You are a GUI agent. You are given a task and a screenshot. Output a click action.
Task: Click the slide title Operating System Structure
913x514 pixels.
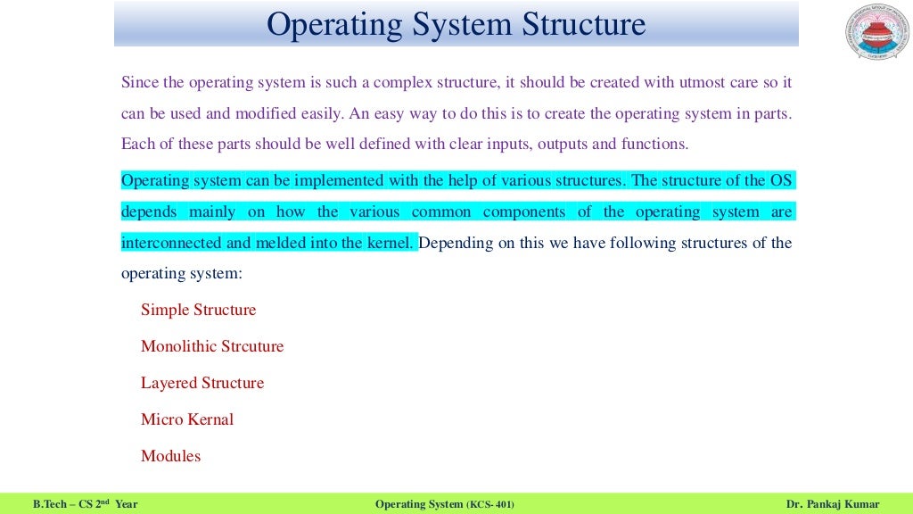[x=456, y=24]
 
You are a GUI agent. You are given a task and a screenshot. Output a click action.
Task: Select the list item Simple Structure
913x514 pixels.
[x=198, y=311]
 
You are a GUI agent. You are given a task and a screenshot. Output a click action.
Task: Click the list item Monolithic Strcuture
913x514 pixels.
[x=212, y=346]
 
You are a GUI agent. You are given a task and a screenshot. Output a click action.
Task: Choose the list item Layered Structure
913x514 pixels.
[x=202, y=383]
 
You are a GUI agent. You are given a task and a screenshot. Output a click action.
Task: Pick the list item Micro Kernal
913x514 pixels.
[x=187, y=419]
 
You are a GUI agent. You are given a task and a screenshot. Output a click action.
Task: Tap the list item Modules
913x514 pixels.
[x=170, y=456]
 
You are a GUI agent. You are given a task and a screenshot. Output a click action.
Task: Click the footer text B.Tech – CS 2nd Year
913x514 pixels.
[x=85, y=505]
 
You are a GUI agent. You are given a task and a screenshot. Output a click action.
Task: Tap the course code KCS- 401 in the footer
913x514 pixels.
[x=489, y=505]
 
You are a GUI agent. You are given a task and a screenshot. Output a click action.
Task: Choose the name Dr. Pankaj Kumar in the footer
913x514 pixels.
[x=833, y=505]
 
